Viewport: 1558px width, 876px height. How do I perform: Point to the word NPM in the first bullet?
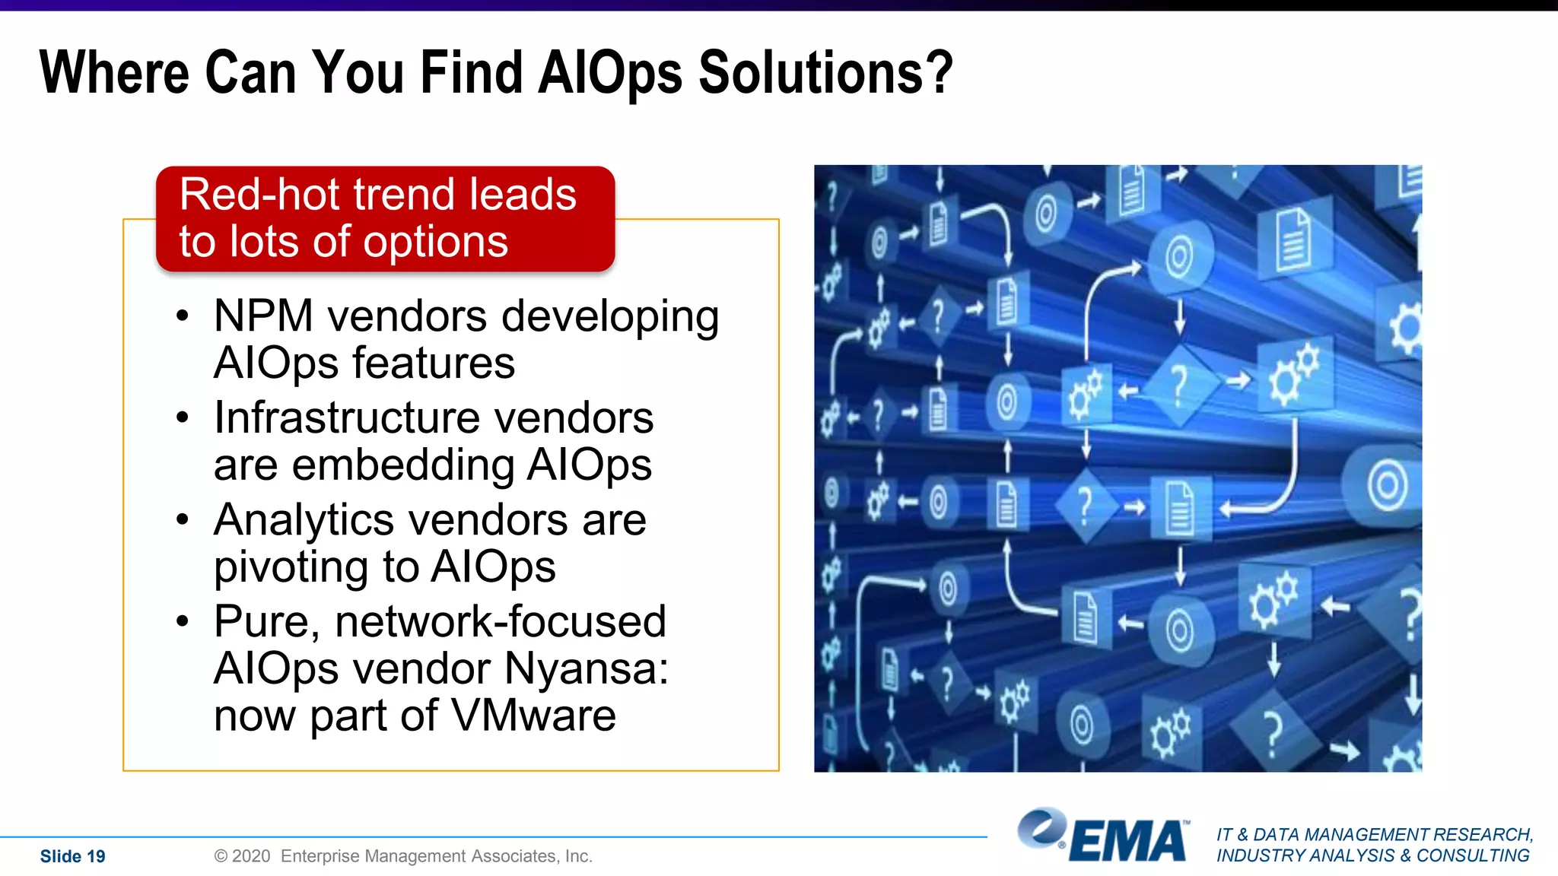(263, 316)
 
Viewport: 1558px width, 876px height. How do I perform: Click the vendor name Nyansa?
(586, 668)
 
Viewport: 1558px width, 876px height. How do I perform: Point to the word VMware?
(533, 716)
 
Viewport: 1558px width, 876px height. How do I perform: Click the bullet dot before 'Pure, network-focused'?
(182, 622)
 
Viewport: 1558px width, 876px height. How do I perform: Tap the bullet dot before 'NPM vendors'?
(182, 316)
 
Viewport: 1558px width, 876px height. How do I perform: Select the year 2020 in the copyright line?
(251, 856)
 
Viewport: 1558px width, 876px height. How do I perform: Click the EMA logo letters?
(1128, 842)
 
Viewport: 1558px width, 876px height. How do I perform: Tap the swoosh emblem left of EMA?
(1041, 827)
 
